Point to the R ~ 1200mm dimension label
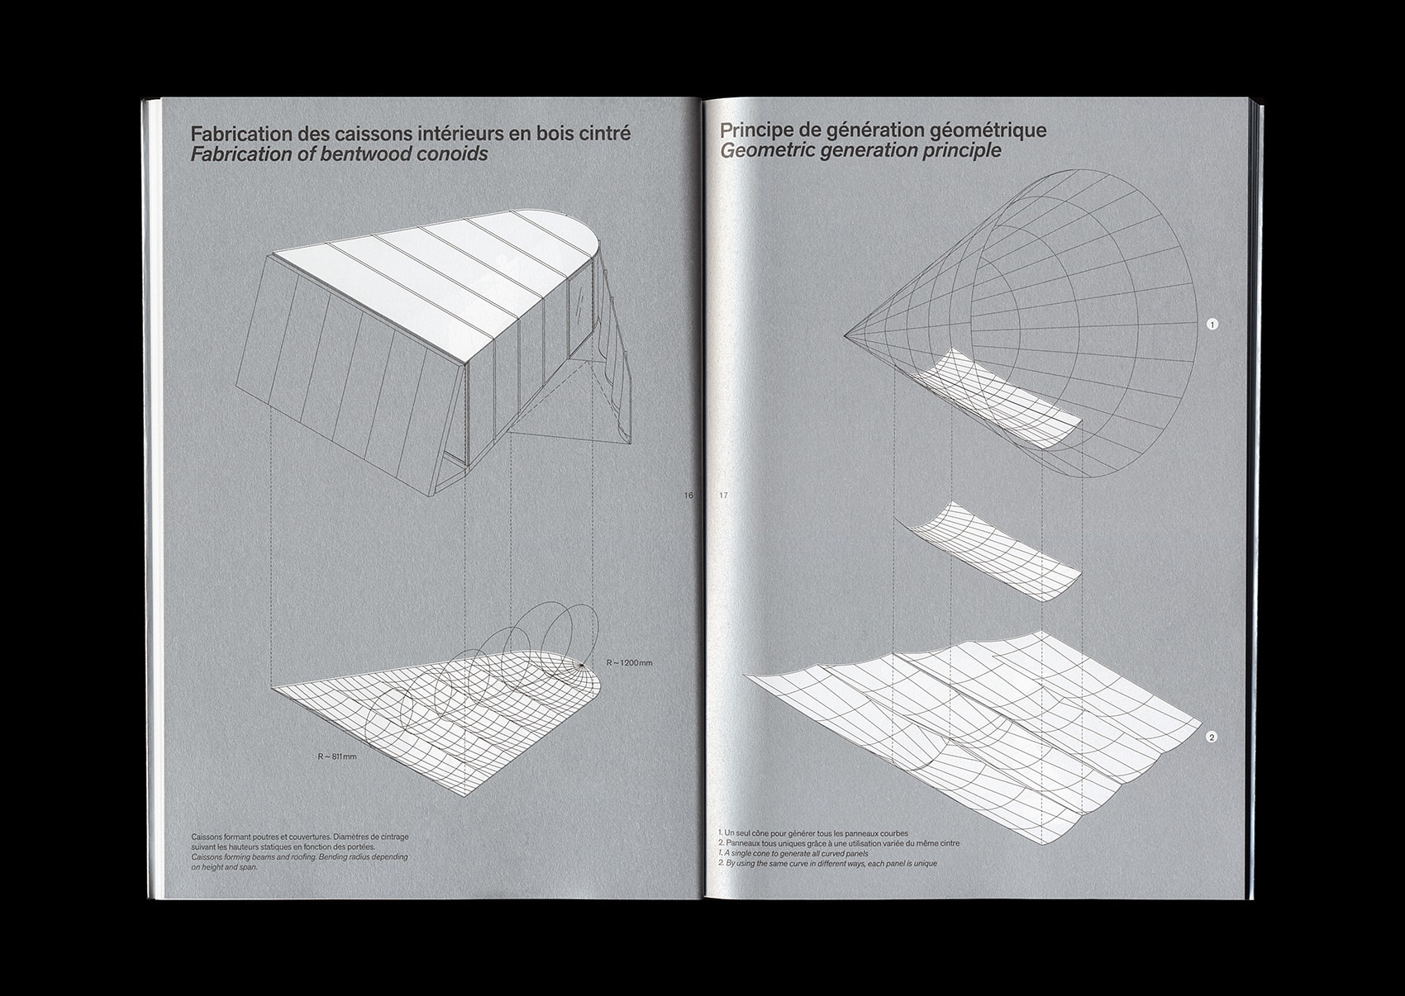(629, 662)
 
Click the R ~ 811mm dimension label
(337, 756)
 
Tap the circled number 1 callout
(1212, 325)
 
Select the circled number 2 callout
(1211, 738)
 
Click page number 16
(688, 496)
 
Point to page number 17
(724, 496)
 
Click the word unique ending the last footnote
(925, 864)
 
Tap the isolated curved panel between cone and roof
(990, 553)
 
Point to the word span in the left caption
(249, 867)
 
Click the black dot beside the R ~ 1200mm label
(583, 664)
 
